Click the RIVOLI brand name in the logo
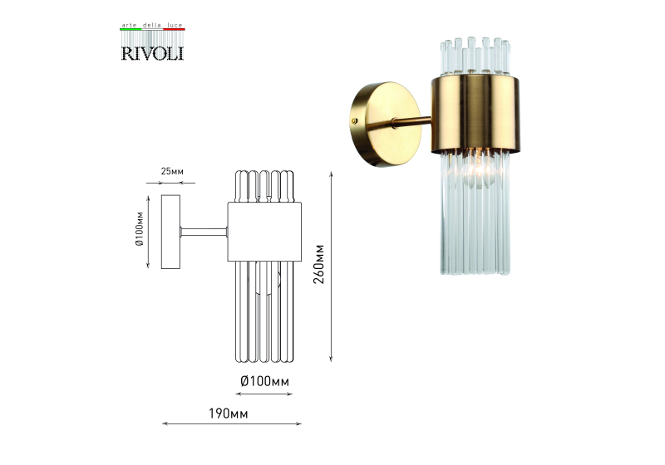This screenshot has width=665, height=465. [x=152, y=53]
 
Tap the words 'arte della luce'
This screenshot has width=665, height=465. [x=152, y=26]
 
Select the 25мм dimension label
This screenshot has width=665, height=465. [x=172, y=172]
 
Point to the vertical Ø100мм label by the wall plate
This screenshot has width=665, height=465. [x=140, y=228]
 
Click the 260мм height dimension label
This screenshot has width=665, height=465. [x=319, y=264]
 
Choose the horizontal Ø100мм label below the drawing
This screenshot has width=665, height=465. [x=264, y=382]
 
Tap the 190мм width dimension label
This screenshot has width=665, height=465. [x=228, y=414]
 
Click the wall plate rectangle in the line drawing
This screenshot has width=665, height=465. [x=170, y=232]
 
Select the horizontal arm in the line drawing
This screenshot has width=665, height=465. [x=204, y=232]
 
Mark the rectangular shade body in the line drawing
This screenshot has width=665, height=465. [x=264, y=232]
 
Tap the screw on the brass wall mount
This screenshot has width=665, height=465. [x=355, y=121]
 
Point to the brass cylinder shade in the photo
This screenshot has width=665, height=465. [x=475, y=115]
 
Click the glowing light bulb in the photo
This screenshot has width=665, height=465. [x=479, y=172]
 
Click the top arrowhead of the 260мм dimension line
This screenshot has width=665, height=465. [x=331, y=174]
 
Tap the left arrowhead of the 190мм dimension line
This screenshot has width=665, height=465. [x=165, y=423]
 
